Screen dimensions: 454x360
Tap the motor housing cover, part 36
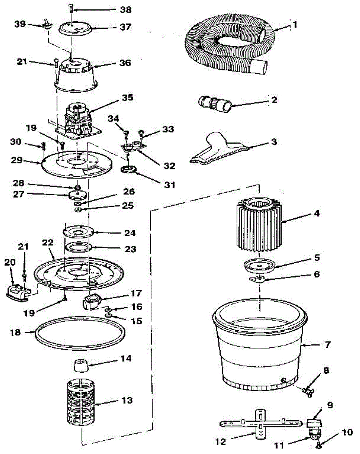pyautogui.click(x=76, y=74)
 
